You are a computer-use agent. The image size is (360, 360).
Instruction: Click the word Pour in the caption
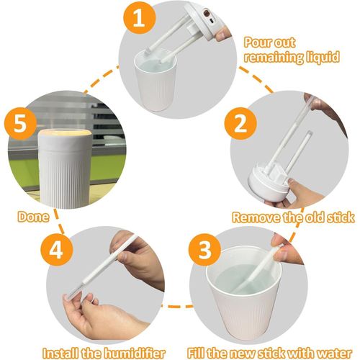[258, 42]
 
